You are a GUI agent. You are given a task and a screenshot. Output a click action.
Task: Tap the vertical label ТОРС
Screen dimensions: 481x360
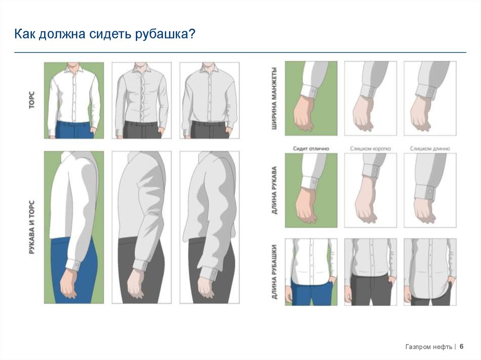[31, 100]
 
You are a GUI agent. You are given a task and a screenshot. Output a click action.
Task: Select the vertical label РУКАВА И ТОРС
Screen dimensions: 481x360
[32, 227]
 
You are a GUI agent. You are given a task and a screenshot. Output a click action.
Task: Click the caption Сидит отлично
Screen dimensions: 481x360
[311, 148]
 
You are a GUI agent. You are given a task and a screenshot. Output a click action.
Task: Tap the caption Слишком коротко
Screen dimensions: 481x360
[371, 148]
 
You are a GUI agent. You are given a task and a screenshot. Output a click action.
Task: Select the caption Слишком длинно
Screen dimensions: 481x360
[430, 148]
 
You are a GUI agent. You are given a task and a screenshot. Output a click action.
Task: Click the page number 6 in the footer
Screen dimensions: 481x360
[462, 346]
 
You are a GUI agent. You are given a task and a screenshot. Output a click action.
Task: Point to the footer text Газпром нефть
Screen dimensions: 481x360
[428, 347]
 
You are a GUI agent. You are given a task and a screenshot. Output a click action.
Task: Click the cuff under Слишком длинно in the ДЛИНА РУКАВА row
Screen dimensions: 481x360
[425, 191]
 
